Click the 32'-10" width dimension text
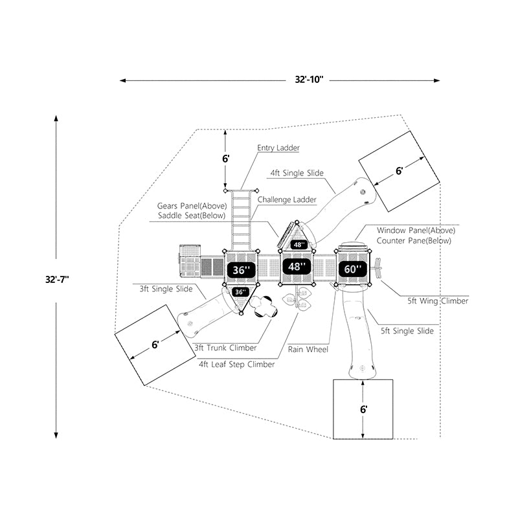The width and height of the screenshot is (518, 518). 304,80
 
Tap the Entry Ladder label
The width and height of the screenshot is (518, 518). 278,148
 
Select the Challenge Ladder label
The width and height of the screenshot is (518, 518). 287,199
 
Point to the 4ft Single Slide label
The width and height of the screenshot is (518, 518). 297,174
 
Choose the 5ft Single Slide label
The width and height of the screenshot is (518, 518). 407,332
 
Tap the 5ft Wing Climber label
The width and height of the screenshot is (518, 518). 438,300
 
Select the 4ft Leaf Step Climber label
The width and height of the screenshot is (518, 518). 237,364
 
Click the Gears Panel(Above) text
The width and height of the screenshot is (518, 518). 192,206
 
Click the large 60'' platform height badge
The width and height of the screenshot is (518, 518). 352,269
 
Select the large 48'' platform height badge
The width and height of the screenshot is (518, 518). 296,267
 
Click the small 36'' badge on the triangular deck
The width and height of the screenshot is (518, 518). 240,292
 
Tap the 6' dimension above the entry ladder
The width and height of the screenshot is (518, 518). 227,158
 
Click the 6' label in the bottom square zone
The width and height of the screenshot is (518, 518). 365,409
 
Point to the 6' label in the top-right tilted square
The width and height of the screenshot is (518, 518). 400,170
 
